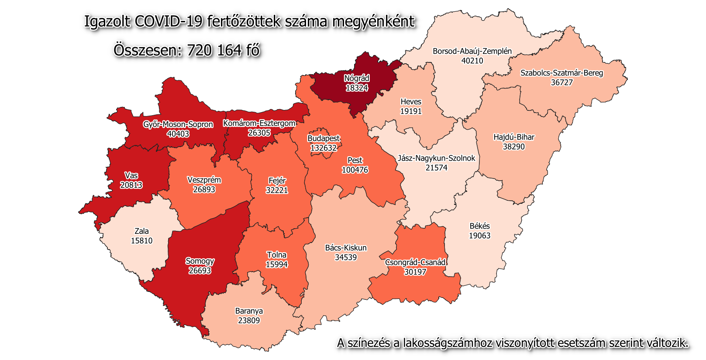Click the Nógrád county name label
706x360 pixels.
[x=357, y=79]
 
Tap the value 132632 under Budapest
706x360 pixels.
[x=324, y=148]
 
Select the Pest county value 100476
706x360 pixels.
[x=355, y=170]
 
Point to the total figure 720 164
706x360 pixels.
[x=214, y=50]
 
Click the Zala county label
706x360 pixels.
[x=141, y=231]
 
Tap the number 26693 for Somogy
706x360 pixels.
[x=200, y=271]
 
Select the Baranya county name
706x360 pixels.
[x=249, y=311]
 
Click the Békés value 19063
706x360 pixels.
[x=479, y=236]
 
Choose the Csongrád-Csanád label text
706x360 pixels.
[x=415, y=262]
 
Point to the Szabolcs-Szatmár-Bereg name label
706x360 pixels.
[x=561, y=73]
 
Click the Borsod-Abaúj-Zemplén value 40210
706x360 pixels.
[x=472, y=61]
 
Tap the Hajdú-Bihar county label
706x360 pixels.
[x=513, y=137]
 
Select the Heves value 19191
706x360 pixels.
[x=411, y=111]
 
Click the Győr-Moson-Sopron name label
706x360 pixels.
[x=178, y=124]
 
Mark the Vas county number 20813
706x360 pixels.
[x=131, y=185]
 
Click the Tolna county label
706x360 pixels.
[x=276, y=255]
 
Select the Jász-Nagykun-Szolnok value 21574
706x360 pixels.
[x=436, y=168]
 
